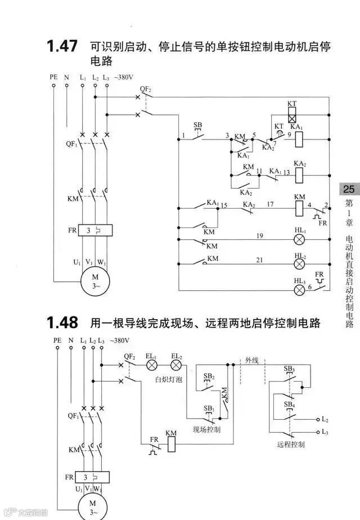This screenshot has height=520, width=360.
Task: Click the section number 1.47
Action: tap(61, 46)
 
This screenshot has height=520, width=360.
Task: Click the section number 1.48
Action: tap(61, 322)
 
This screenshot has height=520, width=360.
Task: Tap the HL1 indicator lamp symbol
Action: tap(300, 239)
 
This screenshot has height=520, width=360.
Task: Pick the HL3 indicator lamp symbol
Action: tap(300, 290)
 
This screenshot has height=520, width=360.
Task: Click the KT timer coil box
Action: tap(291, 118)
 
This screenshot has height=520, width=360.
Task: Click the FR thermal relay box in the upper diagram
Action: tap(94, 230)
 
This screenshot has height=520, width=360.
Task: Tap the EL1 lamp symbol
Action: tap(152, 365)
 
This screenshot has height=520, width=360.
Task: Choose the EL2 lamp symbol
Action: tap(176, 365)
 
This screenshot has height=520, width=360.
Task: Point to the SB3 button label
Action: tap(289, 369)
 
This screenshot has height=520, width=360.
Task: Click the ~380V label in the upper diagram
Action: tap(125, 77)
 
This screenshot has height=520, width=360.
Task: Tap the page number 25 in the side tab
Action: tap(349, 189)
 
